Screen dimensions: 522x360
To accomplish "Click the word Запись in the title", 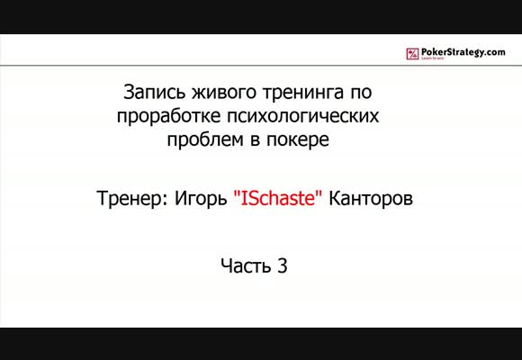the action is pos(155,92).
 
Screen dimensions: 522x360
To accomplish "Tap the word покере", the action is pos(298,140).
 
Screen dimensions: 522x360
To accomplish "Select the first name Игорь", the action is pos(201,199).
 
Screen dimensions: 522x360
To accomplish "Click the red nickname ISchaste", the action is pos(278,199).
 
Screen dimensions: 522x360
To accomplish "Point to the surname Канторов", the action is pos(371,199).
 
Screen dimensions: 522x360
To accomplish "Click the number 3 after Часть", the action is pos(282,265).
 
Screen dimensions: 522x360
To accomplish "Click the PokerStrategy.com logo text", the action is pos(463,52).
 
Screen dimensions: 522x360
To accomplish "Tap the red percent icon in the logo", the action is pos(412,54).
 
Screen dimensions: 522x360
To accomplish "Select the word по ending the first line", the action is pos(361,94).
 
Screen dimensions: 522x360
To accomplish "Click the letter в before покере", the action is pos(256,141).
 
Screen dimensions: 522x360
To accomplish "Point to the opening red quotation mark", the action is pos(237,193).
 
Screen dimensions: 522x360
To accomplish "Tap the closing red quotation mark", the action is pos(319,193).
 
